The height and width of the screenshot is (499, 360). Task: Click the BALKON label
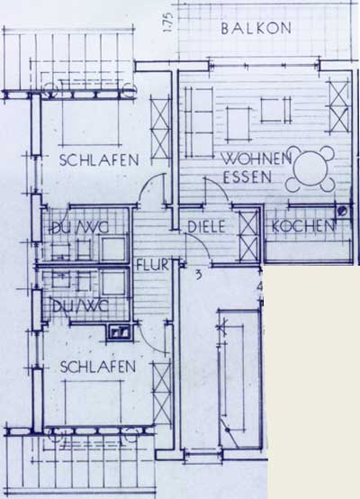point(256,29)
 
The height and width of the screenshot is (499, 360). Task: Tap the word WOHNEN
point(256,159)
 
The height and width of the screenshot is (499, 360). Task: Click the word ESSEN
point(247,177)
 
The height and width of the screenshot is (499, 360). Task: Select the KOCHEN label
point(303,226)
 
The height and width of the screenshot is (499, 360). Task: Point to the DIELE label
point(206,227)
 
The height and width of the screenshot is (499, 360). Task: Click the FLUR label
point(152,266)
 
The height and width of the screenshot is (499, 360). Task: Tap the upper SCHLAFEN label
point(99,160)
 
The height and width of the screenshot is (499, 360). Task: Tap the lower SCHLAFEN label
point(98,367)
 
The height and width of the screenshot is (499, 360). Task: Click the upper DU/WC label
point(80,227)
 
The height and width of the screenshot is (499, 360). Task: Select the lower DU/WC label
point(80,307)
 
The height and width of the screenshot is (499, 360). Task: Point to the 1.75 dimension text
point(167,23)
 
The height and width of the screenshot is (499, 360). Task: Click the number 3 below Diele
point(198,275)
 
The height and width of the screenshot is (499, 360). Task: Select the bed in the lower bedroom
point(94,404)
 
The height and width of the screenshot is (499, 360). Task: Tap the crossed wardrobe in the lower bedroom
point(162,393)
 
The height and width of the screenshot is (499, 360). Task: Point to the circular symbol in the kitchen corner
point(343,211)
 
